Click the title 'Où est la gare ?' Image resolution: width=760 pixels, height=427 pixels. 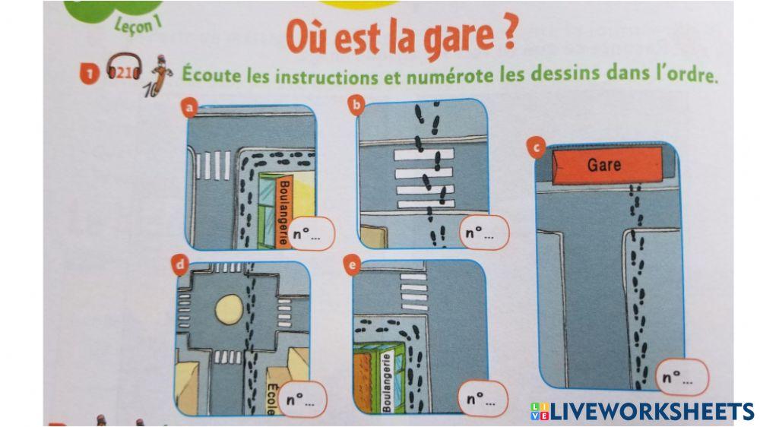pos(401,38)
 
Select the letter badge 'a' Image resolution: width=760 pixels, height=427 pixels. pos(192,109)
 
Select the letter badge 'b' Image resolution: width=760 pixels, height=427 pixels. pos(355,105)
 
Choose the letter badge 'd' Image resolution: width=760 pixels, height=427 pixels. pos(181,265)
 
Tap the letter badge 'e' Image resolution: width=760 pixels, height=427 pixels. pos(350,264)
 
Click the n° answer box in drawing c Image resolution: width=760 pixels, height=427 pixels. pos(681,377)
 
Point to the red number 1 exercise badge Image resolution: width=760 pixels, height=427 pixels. pos(90,74)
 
